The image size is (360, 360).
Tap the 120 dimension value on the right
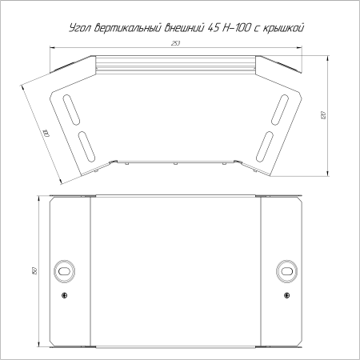[x=322, y=116]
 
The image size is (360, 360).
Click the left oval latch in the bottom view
[x=63, y=271]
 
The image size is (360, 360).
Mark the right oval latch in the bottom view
[x=286, y=271]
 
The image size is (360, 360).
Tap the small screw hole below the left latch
[x=63, y=295]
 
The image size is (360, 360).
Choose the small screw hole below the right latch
[x=286, y=295]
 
